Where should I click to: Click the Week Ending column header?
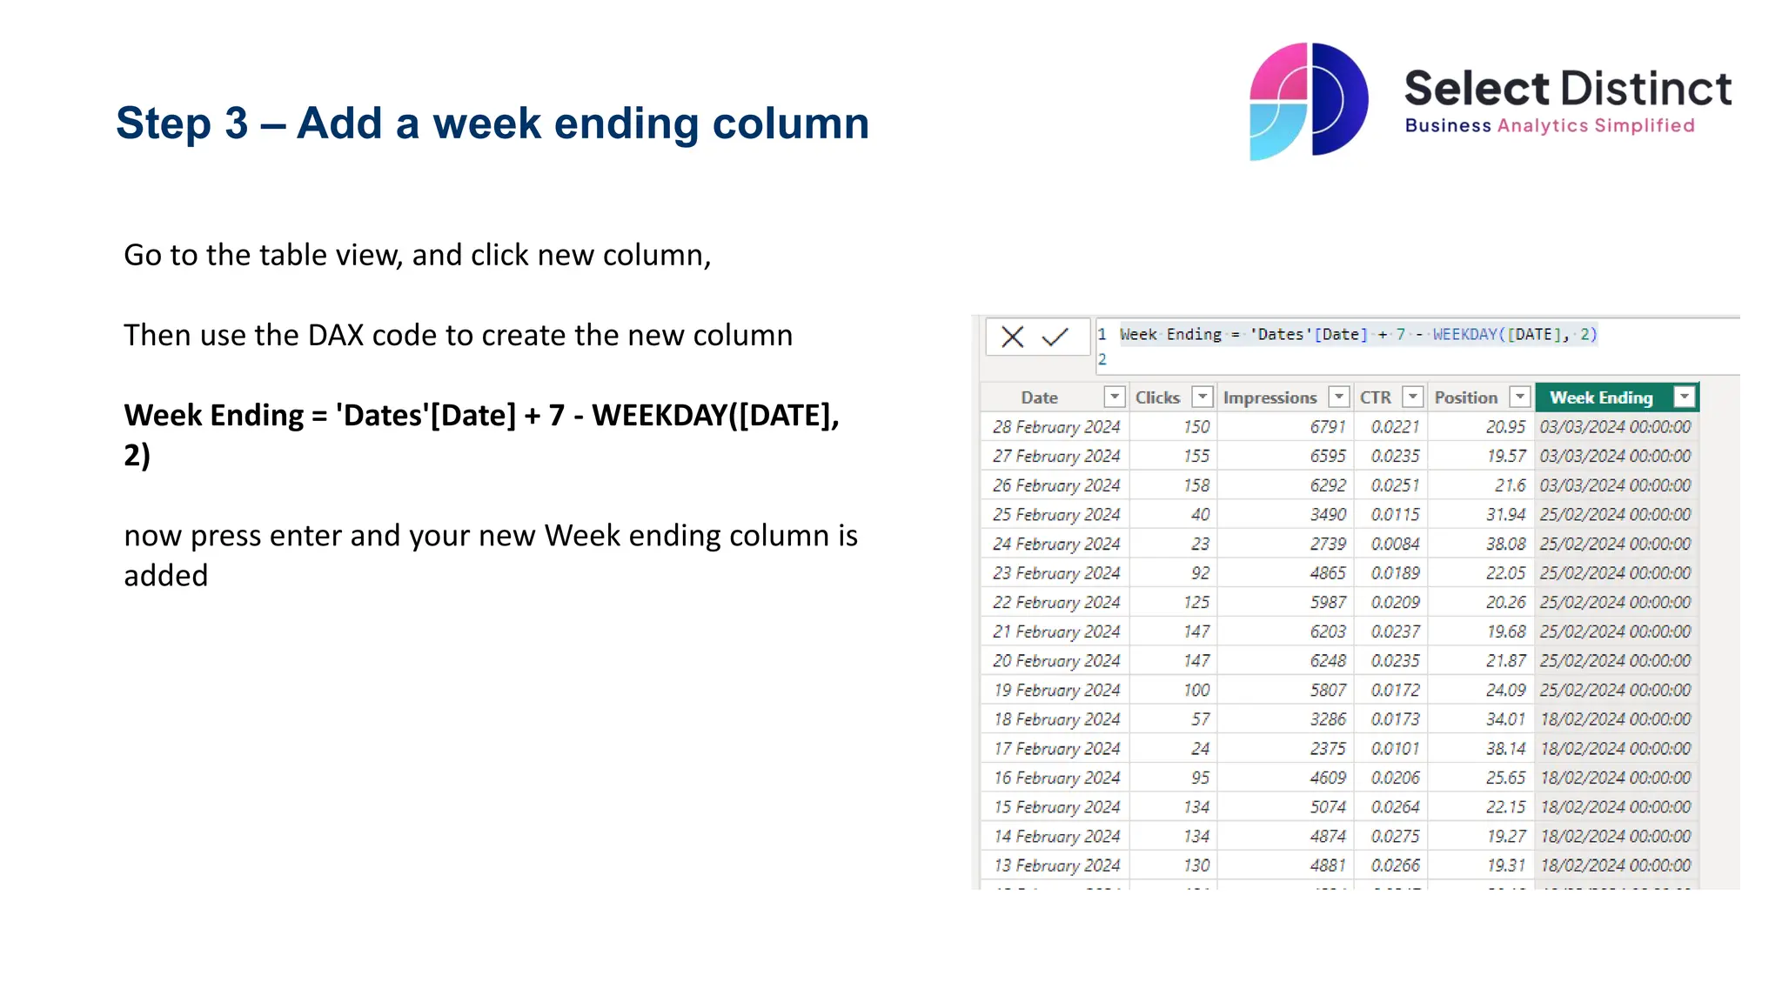tap(1600, 397)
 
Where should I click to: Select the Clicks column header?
tap(1157, 397)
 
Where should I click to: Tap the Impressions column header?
tap(1270, 397)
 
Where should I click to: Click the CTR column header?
tap(1376, 397)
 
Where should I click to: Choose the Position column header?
tap(1466, 397)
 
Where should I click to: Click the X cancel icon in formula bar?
tap(1012, 337)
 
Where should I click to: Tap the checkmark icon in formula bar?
tap(1055, 337)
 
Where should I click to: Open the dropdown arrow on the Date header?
tap(1114, 397)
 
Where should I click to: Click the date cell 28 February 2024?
tap(1055, 427)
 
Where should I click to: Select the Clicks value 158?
tap(1196, 485)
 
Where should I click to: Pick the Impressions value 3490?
tap(1328, 515)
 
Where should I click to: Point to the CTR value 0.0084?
tap(1395, 544)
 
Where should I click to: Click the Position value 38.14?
tap(1505, 749)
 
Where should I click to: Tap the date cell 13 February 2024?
tap(1056, 865)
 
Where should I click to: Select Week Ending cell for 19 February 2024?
tap(1615, 690)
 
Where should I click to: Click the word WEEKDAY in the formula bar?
tap(1465, 335)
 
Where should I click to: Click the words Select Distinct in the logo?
tap(1568, 89)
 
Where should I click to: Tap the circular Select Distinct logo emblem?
tap(1309, 101)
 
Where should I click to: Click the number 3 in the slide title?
tap(236, 124)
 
